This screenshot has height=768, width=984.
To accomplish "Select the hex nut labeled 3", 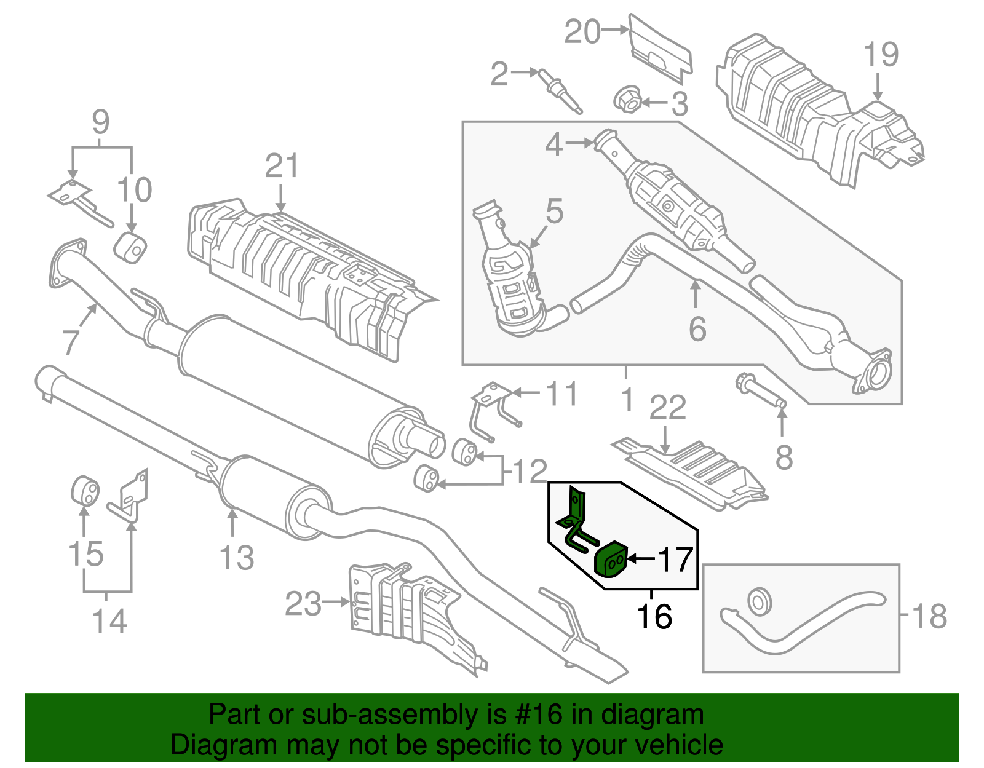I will [629, 101].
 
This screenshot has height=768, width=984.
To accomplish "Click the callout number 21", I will [282, 167].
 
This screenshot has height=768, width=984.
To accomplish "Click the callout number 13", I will [236, 558].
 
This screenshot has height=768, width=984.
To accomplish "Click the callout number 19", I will [881, 55].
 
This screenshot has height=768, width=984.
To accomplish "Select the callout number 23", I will [303, 604].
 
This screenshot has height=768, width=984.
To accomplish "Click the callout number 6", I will [697, 329].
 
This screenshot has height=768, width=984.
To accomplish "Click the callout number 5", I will [554, 211].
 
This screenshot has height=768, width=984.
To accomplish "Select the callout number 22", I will [668, 408].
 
